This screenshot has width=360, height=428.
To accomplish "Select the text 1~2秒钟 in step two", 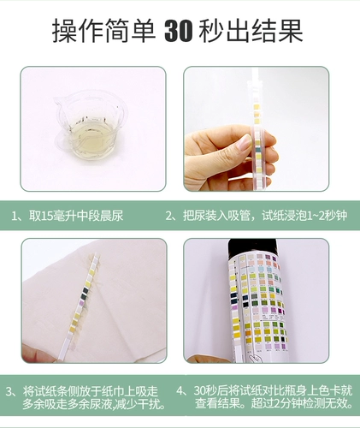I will tap(322, 216).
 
